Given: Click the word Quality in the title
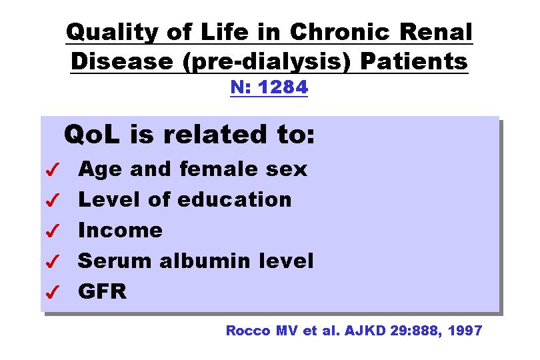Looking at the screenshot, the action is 112,33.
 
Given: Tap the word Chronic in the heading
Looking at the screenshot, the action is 339,32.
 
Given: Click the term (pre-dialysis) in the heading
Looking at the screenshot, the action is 266,62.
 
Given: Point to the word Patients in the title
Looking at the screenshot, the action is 413,61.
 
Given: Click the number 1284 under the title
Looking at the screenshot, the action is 283,87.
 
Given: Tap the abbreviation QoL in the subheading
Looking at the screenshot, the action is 92,135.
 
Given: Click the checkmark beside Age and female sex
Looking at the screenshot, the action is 53,169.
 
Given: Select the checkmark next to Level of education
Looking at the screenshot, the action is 53,200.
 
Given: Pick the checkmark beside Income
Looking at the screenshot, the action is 53,231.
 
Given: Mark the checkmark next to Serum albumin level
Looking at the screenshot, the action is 53,261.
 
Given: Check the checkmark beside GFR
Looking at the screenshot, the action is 53,292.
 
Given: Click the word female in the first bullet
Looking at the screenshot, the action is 219,169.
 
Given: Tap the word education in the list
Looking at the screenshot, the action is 235,199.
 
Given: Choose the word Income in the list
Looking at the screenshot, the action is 120,230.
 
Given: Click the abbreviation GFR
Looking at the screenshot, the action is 102,291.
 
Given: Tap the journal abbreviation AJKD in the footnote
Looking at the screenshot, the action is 365,331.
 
